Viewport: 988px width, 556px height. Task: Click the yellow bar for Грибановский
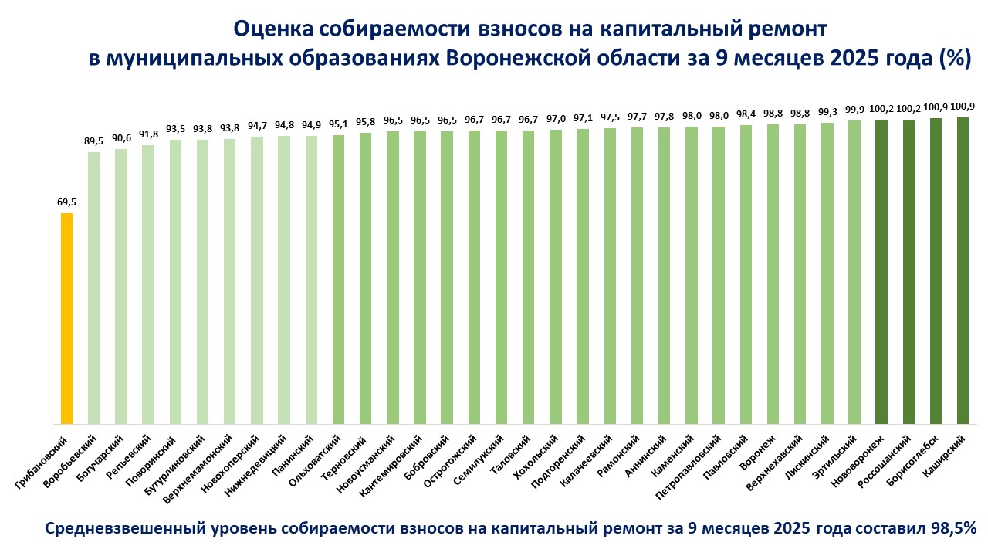66,318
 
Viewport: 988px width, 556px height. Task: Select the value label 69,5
66,202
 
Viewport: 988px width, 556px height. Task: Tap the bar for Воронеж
773,274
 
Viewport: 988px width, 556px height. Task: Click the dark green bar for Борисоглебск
936,270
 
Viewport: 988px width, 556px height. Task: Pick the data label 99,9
854,110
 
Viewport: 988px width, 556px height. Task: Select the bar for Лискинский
827,273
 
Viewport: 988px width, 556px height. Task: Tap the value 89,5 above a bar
93,141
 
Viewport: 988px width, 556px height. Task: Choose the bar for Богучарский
120,286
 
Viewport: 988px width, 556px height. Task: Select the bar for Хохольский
556,276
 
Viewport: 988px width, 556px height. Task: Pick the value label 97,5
610,117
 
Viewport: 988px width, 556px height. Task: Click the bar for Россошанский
908,272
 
